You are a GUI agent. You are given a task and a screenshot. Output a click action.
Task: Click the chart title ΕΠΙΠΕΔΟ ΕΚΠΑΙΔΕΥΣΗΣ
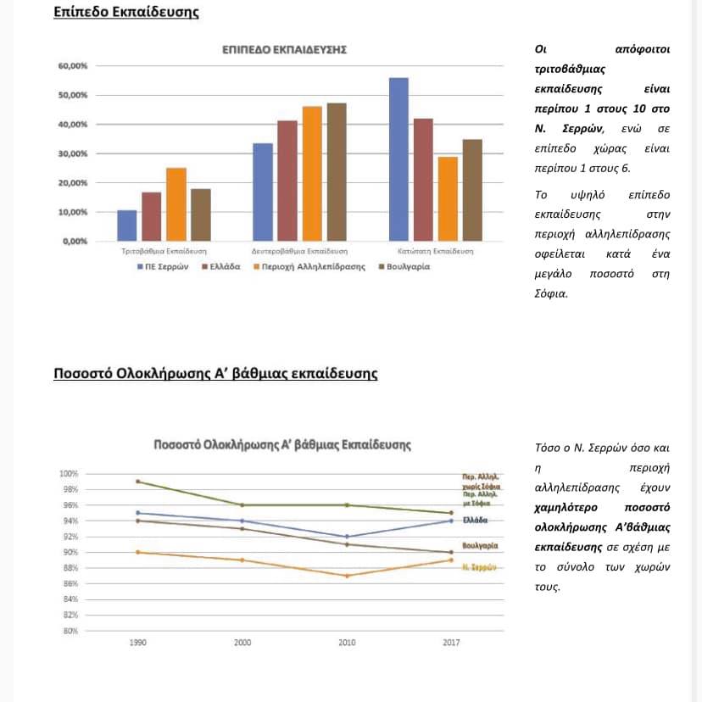click(x=284, y=50)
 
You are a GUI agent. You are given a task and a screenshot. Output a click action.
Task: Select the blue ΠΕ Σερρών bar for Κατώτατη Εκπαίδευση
click(x=398, y=159)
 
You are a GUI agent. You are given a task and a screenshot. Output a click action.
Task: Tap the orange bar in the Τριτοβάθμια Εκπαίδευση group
click(x=175, y=204)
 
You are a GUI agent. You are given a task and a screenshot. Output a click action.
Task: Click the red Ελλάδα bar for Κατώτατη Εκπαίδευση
click(x=423, y=180)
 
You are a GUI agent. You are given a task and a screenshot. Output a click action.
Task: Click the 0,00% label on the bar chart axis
click(x=75, y=242)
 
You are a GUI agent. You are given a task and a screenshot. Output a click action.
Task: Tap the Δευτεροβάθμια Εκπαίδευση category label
click(x=300, y=252)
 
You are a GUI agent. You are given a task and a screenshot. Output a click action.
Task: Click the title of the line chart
click(x=282, y=444)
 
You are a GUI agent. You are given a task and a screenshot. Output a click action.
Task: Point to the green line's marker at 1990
click(x=137, y=482)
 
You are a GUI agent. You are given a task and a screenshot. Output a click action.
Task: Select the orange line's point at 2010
click(x=347, y=576)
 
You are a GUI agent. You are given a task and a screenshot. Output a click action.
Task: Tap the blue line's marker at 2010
click(x=347, y=537)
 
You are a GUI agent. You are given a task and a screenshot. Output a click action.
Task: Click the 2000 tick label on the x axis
click(x=242, y=643)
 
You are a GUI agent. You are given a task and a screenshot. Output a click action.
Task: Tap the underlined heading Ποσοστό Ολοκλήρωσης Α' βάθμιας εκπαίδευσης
click(x=215, y=374)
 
